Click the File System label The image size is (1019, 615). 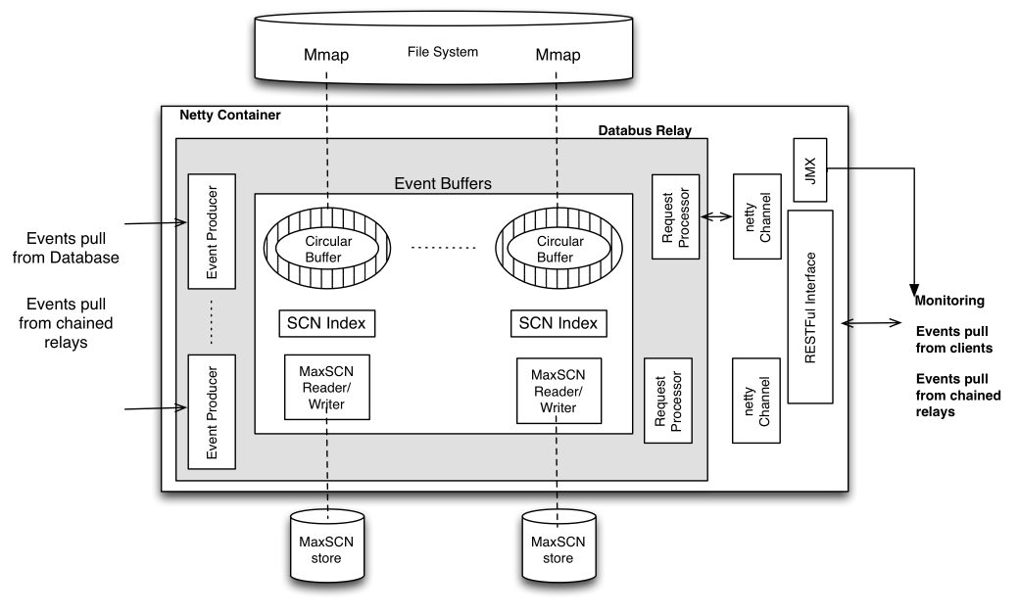click(x=443, y=51)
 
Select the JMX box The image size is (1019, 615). click(x=810, y=169)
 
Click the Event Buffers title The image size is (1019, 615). click(x=442, y=182)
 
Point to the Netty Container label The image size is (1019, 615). click(x=230, y=116)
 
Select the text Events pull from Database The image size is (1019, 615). click(x=73, y=249)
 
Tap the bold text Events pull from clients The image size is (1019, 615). click(x=954, y=340)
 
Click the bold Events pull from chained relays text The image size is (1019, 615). click(x=957, y=396)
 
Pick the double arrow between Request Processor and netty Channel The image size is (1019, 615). click(x=717, y=216)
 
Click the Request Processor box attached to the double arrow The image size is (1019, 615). click(x=676, y=216)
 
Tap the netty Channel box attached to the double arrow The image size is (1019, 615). click(x=755, y=216)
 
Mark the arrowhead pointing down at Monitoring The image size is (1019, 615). click(x=913, y=287)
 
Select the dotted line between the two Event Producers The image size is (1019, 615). click(x=212, y=320)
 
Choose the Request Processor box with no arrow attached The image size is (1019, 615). click(x=668, y=400)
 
